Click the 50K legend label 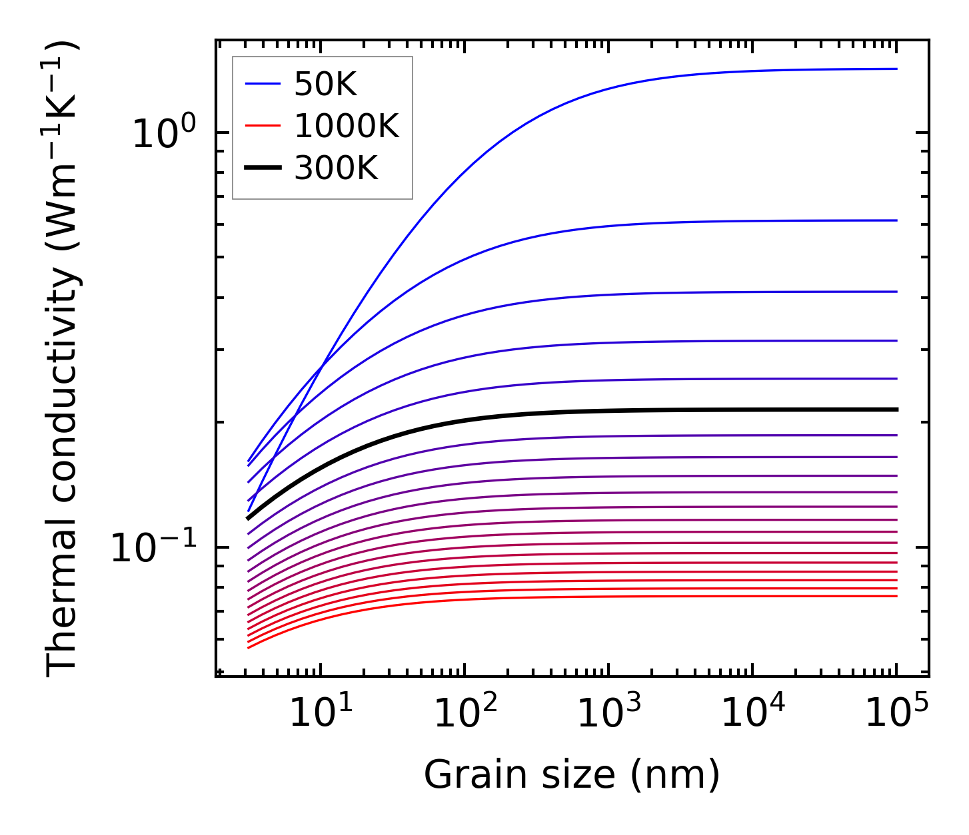point(325,84)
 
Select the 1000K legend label point(346,126)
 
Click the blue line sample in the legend point(263,84)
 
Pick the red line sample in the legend point(263,126)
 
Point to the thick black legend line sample point(263,168)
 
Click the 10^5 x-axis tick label point(897,712)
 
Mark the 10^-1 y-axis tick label point(154,547)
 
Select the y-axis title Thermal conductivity point(63,360)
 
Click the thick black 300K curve point(600,412)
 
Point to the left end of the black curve point(249,517)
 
